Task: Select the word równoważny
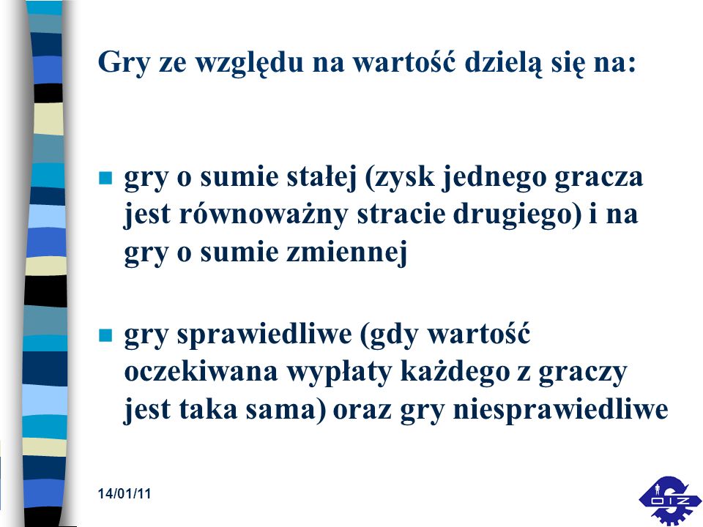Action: tap(263, 214)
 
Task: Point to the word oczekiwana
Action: tap(201, 372)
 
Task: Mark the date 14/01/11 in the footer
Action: tap(124, 494)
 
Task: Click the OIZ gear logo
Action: tap(670, 500)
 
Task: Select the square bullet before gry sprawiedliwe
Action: tap(105, 335)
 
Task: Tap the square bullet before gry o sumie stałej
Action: tap(105, 178)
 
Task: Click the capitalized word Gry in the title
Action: tap(123, 63)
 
